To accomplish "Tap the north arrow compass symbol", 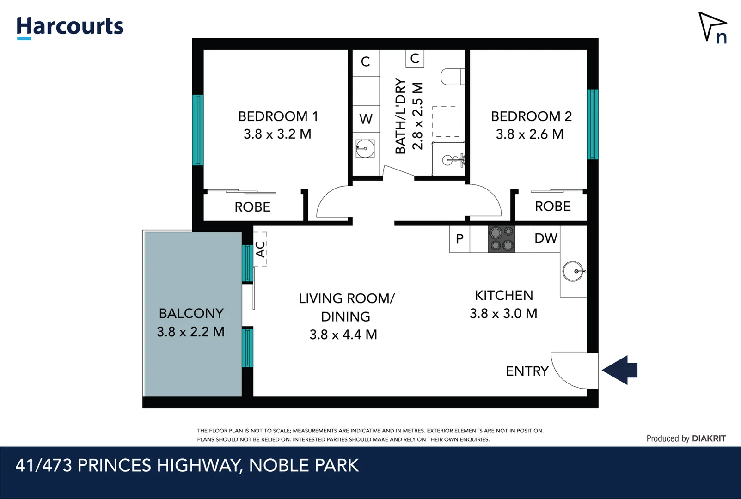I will point(712,27).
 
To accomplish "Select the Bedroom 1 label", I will point(278,116).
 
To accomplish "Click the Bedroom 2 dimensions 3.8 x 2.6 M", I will point(530,134).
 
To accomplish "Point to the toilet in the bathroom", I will point(452,77).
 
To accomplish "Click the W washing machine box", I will point(366,119).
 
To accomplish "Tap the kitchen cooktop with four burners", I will point(502,239).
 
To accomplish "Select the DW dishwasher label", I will point(546,238).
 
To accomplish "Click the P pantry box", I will point(459,239).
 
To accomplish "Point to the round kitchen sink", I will point(573,271).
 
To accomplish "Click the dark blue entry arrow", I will point(620,370).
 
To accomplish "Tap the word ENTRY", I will point(527,371).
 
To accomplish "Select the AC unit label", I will point(260,249).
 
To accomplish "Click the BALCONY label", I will point(191,313).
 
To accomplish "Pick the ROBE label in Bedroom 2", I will point(552,206).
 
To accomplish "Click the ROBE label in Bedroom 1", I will point(252,207).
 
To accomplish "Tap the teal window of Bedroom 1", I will point(198,130).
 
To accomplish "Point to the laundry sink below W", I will point(365,149).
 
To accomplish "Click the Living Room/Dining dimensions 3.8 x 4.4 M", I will point(343,335).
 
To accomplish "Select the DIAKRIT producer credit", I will point(708,438).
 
